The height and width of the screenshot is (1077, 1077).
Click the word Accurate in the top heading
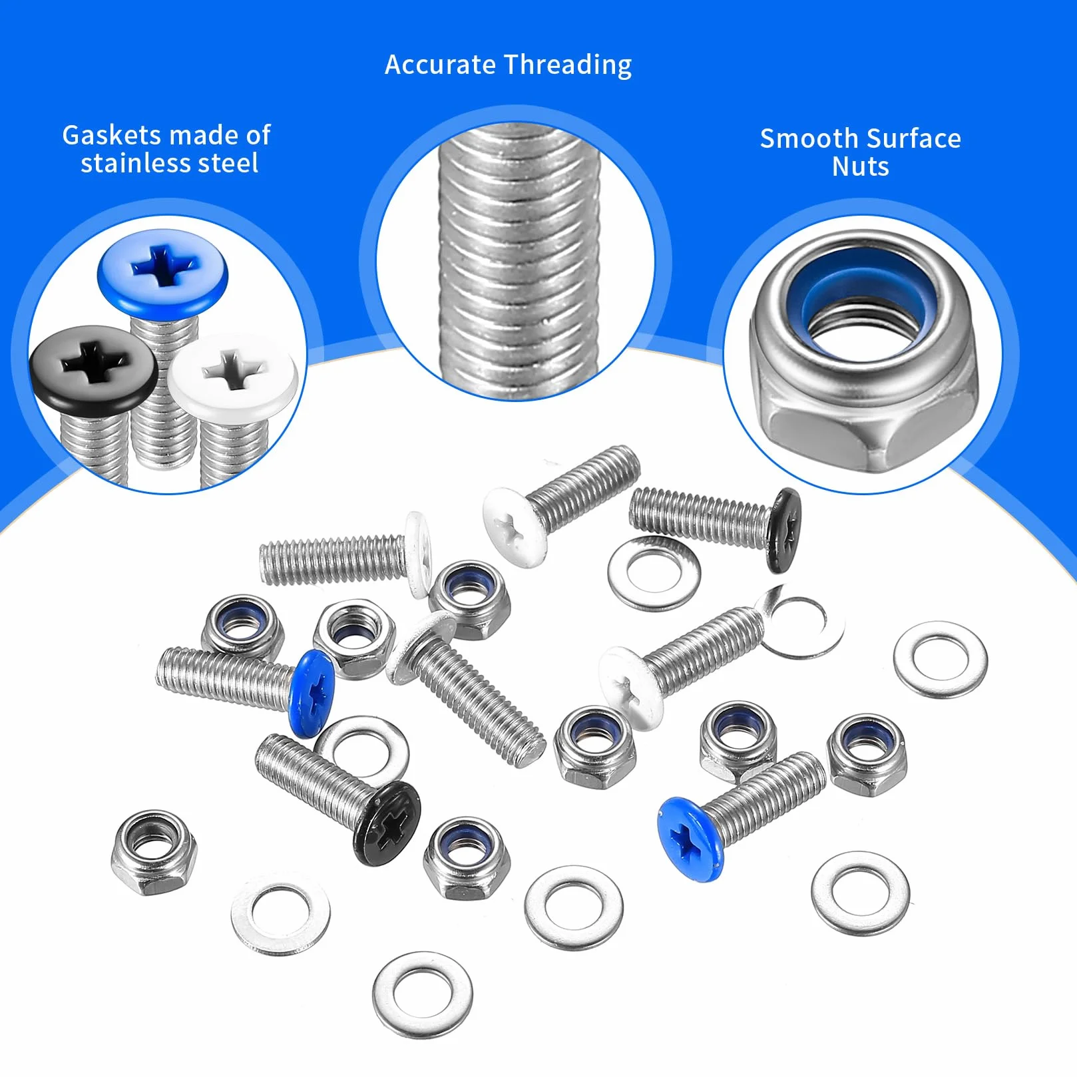(440, 65)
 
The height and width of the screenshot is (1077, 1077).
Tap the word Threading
(568, 65)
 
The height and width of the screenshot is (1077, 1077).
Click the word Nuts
(861, 166)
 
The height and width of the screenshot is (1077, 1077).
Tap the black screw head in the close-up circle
(93, 369)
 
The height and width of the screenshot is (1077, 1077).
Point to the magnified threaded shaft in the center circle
(519, 260)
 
